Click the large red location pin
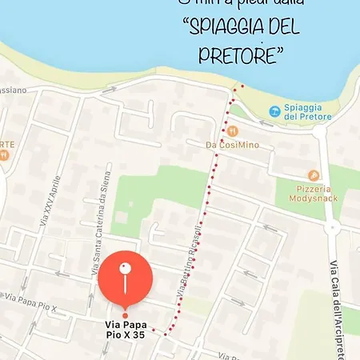point(126,279)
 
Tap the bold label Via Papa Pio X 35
point(126,330)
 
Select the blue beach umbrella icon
point(275,110)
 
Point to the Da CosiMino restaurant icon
point(231,130)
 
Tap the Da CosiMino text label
point(233,145)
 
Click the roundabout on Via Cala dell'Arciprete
point(331,227)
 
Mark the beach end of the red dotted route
point(238,86)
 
